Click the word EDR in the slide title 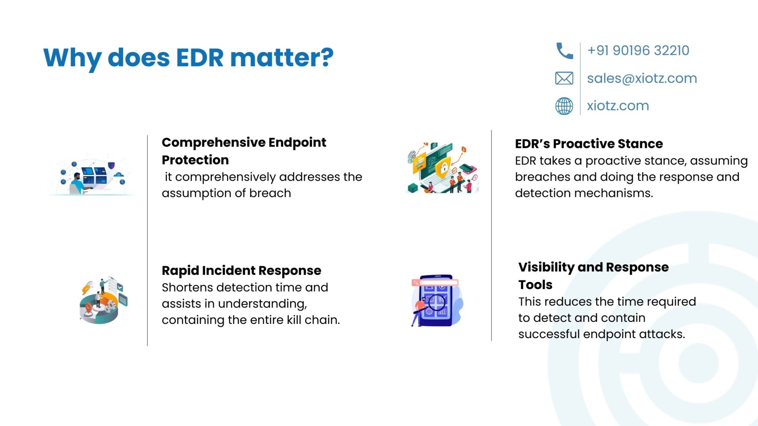click(200, 58)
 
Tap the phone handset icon click(565, 51)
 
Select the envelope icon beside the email click(564, 78)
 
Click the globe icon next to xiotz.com click(564, 106)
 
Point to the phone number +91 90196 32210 click(638, 50)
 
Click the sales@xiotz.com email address click(642, 78)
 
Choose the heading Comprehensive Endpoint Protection click(244, 151)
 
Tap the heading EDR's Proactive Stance click(589, 144)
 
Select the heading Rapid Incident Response click(241, 271)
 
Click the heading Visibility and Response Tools click(593, 275)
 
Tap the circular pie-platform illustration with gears click(103, 300)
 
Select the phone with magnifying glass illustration click(437, 301)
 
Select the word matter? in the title click(282, 58)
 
